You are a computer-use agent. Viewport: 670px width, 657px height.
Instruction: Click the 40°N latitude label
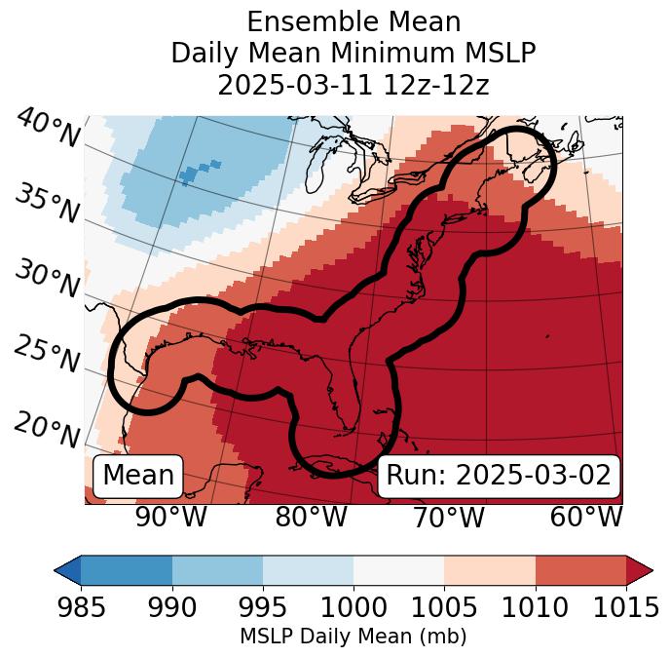pos(48,128)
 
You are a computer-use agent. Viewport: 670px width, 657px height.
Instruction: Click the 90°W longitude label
pos(170,517)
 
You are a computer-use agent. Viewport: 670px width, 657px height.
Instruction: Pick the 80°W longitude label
pos(311,517)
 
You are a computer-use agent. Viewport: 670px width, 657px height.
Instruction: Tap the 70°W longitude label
pos(448,517)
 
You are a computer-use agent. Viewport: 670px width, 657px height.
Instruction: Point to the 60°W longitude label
pos(586,517)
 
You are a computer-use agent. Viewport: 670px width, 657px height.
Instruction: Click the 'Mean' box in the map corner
pos(138,476)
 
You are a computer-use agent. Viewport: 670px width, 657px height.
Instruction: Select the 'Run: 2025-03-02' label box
pos(499,476)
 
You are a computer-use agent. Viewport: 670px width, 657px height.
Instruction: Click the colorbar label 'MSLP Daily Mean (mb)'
pos(354,637)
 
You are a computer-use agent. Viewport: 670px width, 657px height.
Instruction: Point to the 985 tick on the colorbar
pos(81,607)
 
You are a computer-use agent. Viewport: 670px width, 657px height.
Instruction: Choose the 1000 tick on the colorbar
pos(354,607)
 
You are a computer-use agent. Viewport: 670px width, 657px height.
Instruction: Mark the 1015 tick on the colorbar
pos(626,607)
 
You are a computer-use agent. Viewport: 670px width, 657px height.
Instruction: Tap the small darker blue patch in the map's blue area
pos(198,172)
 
